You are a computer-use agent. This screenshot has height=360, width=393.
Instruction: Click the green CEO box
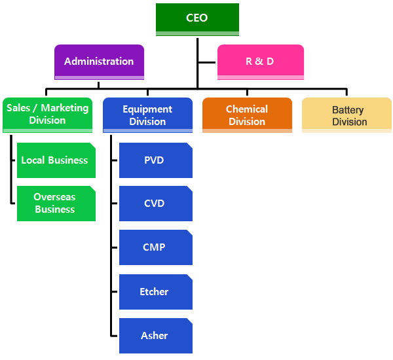click(197, 18)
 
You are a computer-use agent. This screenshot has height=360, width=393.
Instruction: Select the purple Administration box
click(99, 62)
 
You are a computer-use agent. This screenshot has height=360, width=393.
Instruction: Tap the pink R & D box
click(260, 62)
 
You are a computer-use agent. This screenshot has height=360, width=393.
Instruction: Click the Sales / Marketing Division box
click(47, 115)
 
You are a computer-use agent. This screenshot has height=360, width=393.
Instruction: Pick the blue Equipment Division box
click(147, 115)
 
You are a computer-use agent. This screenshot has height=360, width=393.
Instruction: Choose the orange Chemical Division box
click(247, 115)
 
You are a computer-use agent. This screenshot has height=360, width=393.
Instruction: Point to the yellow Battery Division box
click(346, 115)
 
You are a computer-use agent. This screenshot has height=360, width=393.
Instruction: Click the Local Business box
click(55, 160)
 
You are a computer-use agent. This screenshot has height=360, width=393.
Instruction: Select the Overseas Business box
click(55, 203)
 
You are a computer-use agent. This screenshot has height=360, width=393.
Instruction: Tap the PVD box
click(155, 160)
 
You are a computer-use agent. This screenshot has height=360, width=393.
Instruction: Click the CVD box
click(155, 204)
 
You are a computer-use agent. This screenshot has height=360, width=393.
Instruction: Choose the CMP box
click(155, 247)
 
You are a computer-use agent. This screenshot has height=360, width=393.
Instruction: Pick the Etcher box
click(155, 292)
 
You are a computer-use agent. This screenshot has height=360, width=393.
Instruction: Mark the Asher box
click(155, 336)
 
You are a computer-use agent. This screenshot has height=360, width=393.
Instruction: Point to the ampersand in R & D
click(259, 62)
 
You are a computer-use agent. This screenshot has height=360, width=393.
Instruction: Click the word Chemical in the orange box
click(247, 109)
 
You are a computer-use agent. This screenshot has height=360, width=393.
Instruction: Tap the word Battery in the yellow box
click(347, 110)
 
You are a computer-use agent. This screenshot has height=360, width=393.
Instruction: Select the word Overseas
click(55, 197)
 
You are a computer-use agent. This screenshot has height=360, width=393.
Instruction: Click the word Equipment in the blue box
click(147, 109)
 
